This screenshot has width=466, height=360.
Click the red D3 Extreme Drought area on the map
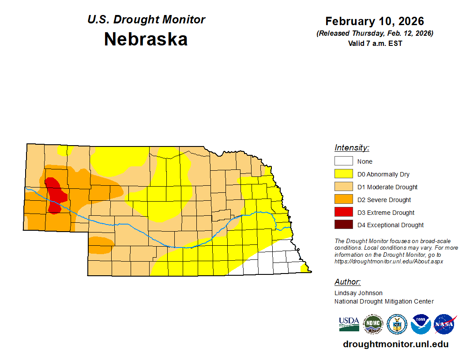(55, 194)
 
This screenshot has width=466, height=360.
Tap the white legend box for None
(343, 161)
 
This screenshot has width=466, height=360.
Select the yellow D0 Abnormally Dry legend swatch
(343, 174)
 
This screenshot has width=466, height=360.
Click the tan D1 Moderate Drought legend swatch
(343, 187)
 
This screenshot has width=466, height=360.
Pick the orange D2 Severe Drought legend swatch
(343, 199)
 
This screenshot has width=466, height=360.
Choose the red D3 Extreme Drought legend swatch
(343, 212)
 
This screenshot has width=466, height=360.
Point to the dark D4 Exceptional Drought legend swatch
(343, 225)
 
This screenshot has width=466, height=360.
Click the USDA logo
(349, 324)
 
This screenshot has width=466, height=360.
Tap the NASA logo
(444, 324)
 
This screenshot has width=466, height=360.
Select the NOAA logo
(421, 324)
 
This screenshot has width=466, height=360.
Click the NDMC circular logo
(373, 324)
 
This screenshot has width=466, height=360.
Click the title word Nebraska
(146, 39)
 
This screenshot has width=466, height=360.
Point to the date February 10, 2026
(374, 21)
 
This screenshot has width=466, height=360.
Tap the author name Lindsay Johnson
(358, 293)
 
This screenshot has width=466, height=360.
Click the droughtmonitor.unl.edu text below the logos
(395, 345)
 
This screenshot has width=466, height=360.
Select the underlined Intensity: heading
(352, 148)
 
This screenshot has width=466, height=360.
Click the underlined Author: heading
(347, 282)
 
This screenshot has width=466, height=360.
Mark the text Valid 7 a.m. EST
(375, 43)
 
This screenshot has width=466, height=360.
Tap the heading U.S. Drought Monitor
(146, 19)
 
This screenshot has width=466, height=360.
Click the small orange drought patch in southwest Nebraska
(101, 245)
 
